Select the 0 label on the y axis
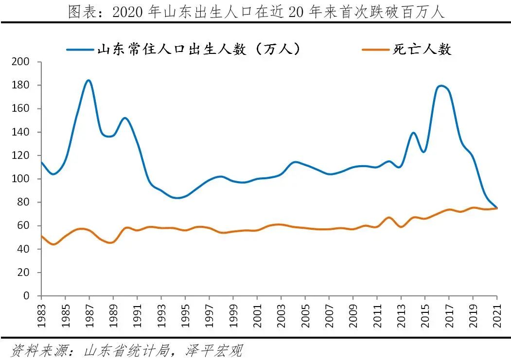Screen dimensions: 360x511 (x=27, y=296)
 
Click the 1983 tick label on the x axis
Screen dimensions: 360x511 (x=41, y=311)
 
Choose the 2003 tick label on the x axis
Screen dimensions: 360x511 (x=281, y=311)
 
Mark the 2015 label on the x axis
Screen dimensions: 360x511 (x=425, y=311)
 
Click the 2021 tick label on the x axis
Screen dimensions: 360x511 (x=497, y=311)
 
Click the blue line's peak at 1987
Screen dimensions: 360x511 (x=88, y=81)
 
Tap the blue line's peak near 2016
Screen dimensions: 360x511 (x=440, y=86)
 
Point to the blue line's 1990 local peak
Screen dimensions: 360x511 (x=125, y=118)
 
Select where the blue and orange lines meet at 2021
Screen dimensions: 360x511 (x=496, y=208)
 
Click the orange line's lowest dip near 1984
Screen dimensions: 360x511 (x=53, y=244)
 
